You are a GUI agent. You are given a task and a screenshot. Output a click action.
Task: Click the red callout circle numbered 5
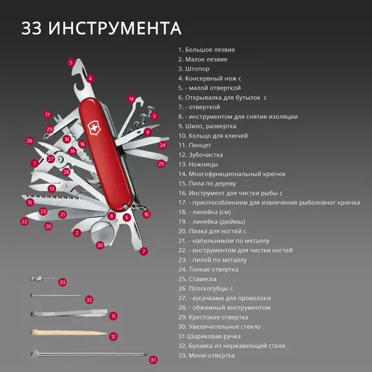70,63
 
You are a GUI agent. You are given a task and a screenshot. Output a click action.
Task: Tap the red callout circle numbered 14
131,99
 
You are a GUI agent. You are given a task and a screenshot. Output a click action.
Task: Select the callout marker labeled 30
100,245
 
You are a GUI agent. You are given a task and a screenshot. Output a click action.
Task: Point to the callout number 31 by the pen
153,360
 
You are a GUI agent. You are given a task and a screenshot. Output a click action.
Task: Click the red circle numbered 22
24,222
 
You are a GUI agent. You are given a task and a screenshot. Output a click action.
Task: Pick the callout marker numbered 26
29,141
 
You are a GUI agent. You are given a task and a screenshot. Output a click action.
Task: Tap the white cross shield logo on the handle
94,129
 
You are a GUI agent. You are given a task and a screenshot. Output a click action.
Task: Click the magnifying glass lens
102,233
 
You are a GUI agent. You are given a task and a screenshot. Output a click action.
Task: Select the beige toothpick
69,332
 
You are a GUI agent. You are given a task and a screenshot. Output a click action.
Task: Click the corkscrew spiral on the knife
141,118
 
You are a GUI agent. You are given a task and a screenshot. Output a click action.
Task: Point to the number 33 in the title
31,28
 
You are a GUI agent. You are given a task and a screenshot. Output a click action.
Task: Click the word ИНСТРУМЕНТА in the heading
115,28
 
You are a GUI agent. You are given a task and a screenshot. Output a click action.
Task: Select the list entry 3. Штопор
194,69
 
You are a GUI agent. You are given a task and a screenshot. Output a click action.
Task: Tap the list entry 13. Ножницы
198,164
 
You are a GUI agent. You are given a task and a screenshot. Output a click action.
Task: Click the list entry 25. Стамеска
197,279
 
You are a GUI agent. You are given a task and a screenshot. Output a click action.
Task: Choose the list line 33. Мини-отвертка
206,356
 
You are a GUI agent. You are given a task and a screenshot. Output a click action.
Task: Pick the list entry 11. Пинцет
194,145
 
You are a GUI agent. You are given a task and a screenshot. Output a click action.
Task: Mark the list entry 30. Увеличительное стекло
219,327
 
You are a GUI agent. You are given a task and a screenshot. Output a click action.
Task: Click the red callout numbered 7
144,251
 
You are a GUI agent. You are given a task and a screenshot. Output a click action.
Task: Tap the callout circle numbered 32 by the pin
89,300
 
